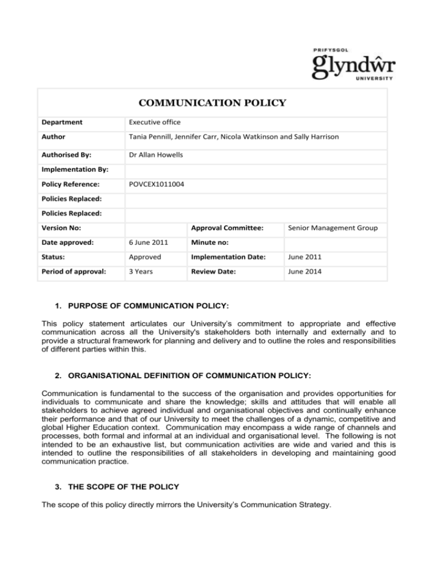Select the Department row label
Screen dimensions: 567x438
pos(65,121)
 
